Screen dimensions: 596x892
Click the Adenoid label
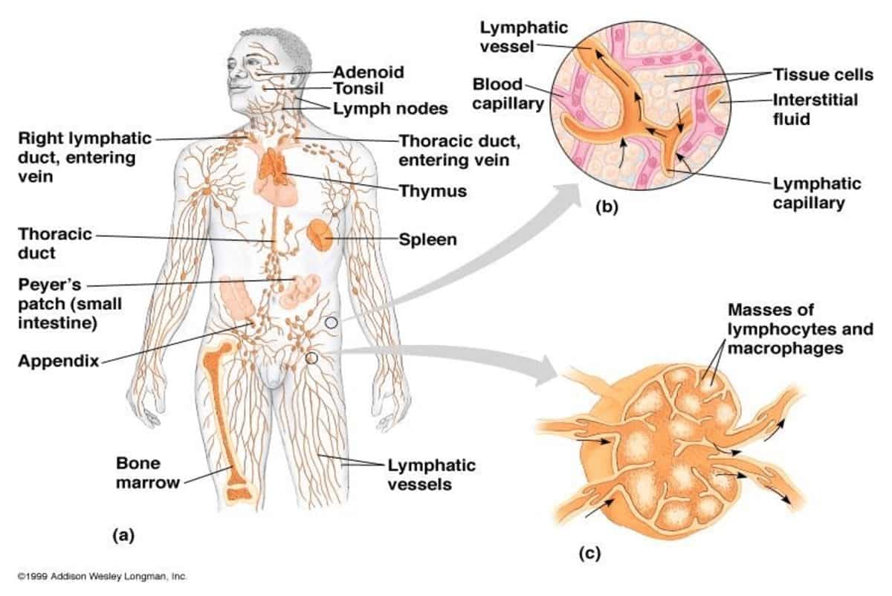coord(369,72)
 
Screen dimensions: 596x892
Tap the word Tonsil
coord(358,90)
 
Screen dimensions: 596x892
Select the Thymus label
coord(433,191)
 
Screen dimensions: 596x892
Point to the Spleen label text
coord(427,239)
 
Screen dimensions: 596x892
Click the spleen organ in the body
coord(320,234)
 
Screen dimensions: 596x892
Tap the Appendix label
coord(59,361)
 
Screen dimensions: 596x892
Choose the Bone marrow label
coord(147,473)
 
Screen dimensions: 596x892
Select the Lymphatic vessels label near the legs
coord(431,475)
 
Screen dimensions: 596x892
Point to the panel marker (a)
coord(122,534)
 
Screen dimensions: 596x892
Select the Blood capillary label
coord(508,94)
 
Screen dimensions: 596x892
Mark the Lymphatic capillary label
coord(817,192)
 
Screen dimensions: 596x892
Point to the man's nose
coord(236,82)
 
